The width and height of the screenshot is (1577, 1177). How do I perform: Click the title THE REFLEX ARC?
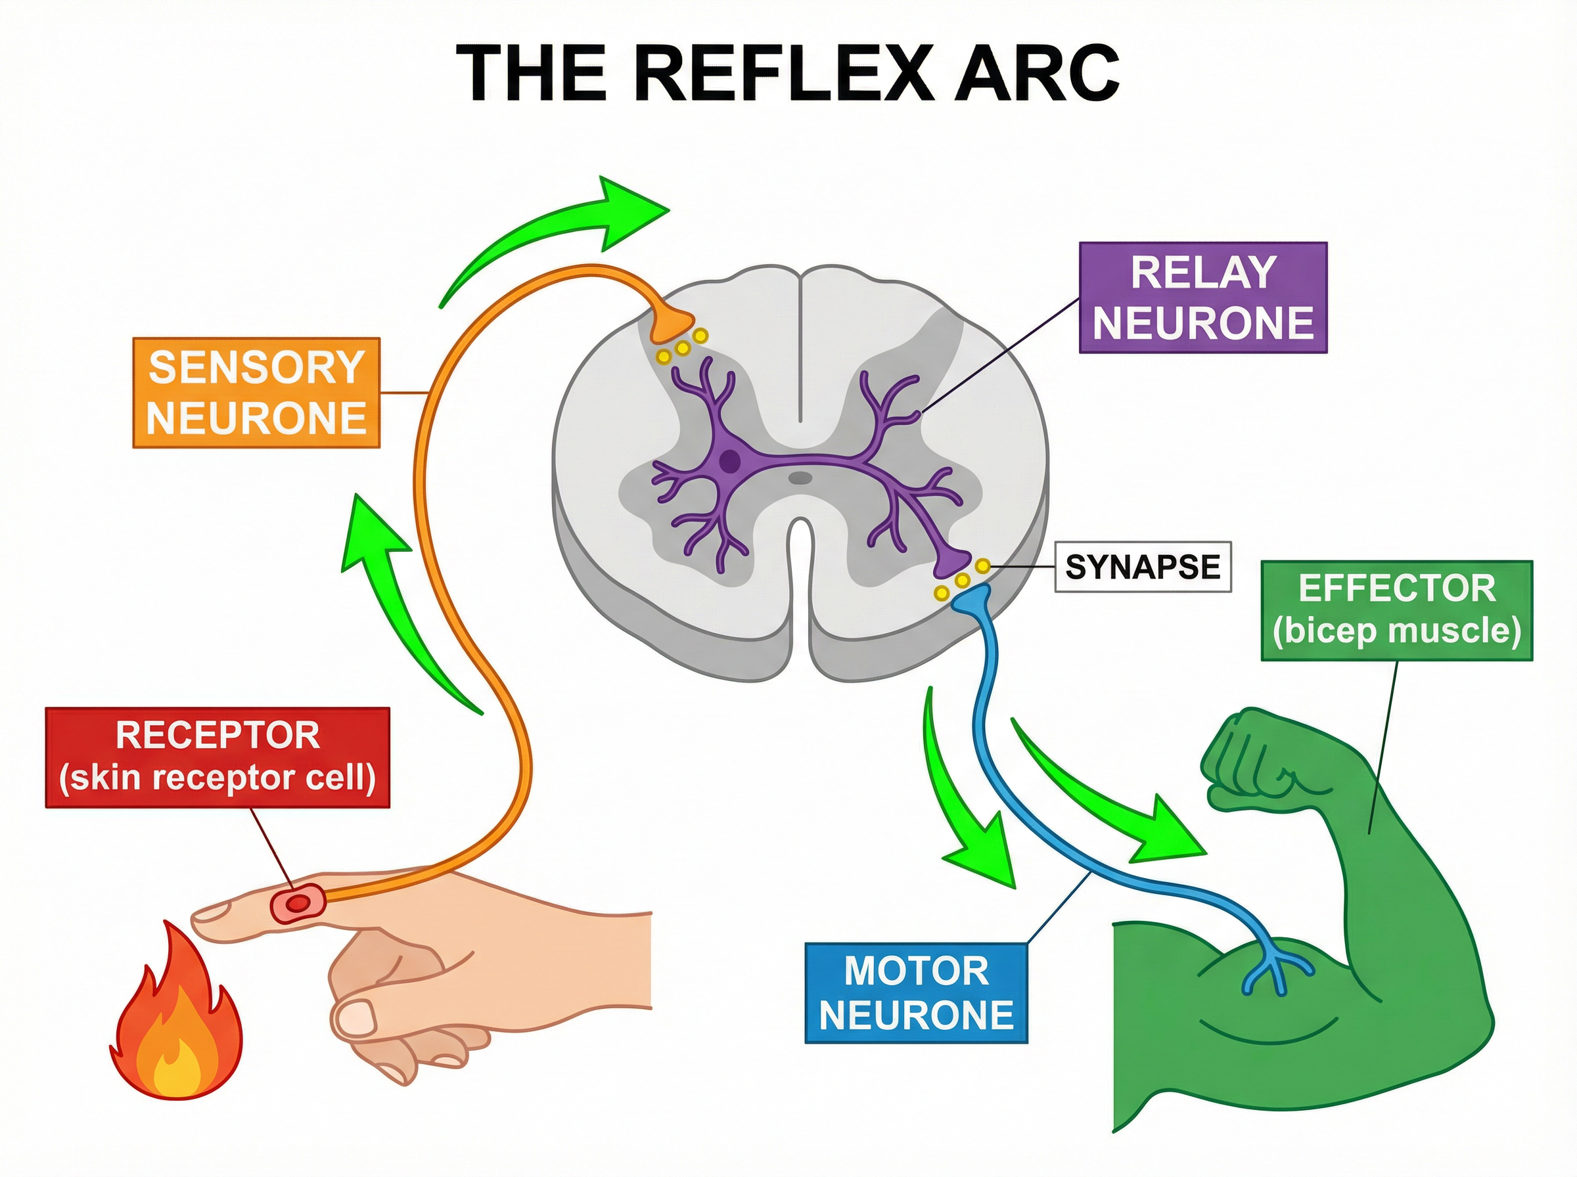[x=787, y=74]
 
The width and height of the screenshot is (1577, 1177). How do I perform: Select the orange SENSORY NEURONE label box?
[x=256, y=393]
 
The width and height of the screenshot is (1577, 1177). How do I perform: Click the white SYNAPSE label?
[x=1142, y=567]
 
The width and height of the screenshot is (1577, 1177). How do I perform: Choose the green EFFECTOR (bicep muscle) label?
[x=1397, y=611]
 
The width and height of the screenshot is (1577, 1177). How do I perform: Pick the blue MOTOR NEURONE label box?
[x=917, y=993]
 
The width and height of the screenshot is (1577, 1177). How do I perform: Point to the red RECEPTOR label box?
[x=217, y=757]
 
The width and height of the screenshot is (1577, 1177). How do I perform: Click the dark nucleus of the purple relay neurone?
[x=729, y=461]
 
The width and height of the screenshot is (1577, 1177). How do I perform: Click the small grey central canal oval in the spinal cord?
[x=800, y=477]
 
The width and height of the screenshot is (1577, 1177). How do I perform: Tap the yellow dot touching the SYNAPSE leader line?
[x=983, y=566]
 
